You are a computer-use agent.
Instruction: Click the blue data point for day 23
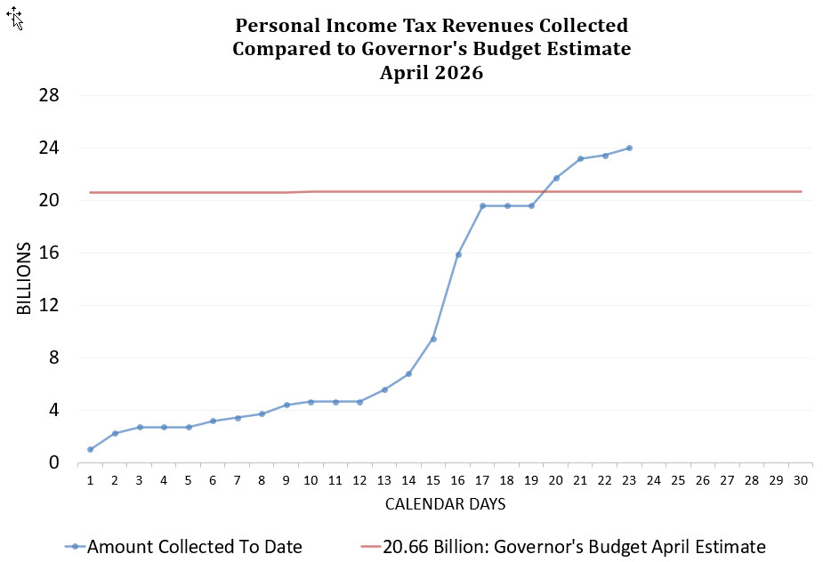coord(629,149)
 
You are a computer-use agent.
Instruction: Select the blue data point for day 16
coord(458,254)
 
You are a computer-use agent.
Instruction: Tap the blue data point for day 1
coord(91,449)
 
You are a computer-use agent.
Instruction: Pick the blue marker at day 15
coord(433,339)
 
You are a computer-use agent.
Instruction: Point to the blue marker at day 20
coord(556,178)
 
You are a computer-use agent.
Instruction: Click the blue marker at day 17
coord(482,205)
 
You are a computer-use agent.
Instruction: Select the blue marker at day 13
coord(384,389)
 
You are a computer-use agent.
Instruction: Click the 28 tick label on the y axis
coord(49,95)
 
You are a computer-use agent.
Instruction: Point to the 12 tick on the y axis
coord(49,305)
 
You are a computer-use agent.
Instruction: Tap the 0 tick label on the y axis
coord(54,462)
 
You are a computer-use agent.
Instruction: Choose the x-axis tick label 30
coord(801,480)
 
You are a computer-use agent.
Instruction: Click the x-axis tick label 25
coord(678,480)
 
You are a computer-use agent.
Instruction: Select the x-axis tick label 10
coord(311,480)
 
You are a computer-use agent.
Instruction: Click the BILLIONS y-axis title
coord(24,278)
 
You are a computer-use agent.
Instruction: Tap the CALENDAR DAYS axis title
coord(446,504)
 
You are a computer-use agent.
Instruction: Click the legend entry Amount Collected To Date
coord(194,546)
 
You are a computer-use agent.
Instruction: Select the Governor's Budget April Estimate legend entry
coord(574,546)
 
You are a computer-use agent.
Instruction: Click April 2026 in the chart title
coord(432,73)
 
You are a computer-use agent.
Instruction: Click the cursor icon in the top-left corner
coord(15,17)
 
